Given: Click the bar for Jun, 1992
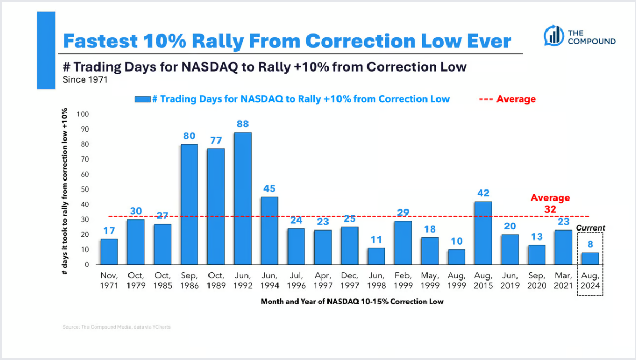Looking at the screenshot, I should [243, 198].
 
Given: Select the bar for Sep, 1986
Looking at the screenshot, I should [189, 204].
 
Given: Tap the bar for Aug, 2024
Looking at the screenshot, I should [590, 258].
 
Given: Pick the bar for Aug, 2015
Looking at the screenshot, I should [483, 233].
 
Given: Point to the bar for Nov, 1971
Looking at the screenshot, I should [109, 252].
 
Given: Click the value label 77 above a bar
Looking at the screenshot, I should [216, 140].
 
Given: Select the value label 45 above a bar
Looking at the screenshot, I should [270, 188].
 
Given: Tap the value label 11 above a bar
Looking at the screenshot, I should [376, 239].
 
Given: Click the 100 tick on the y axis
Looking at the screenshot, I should [83, 114].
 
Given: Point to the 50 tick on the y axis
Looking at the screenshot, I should [85, 189].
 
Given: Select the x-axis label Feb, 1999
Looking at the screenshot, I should [403, 281].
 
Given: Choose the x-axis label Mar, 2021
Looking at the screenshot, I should [563, 281].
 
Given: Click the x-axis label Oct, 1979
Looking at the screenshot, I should [136, 281].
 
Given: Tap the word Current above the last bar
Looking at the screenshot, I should [590, 228].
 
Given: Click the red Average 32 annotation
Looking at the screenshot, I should [550, 203].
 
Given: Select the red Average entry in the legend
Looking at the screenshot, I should [508, 99].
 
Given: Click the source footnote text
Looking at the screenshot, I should [116, 327].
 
